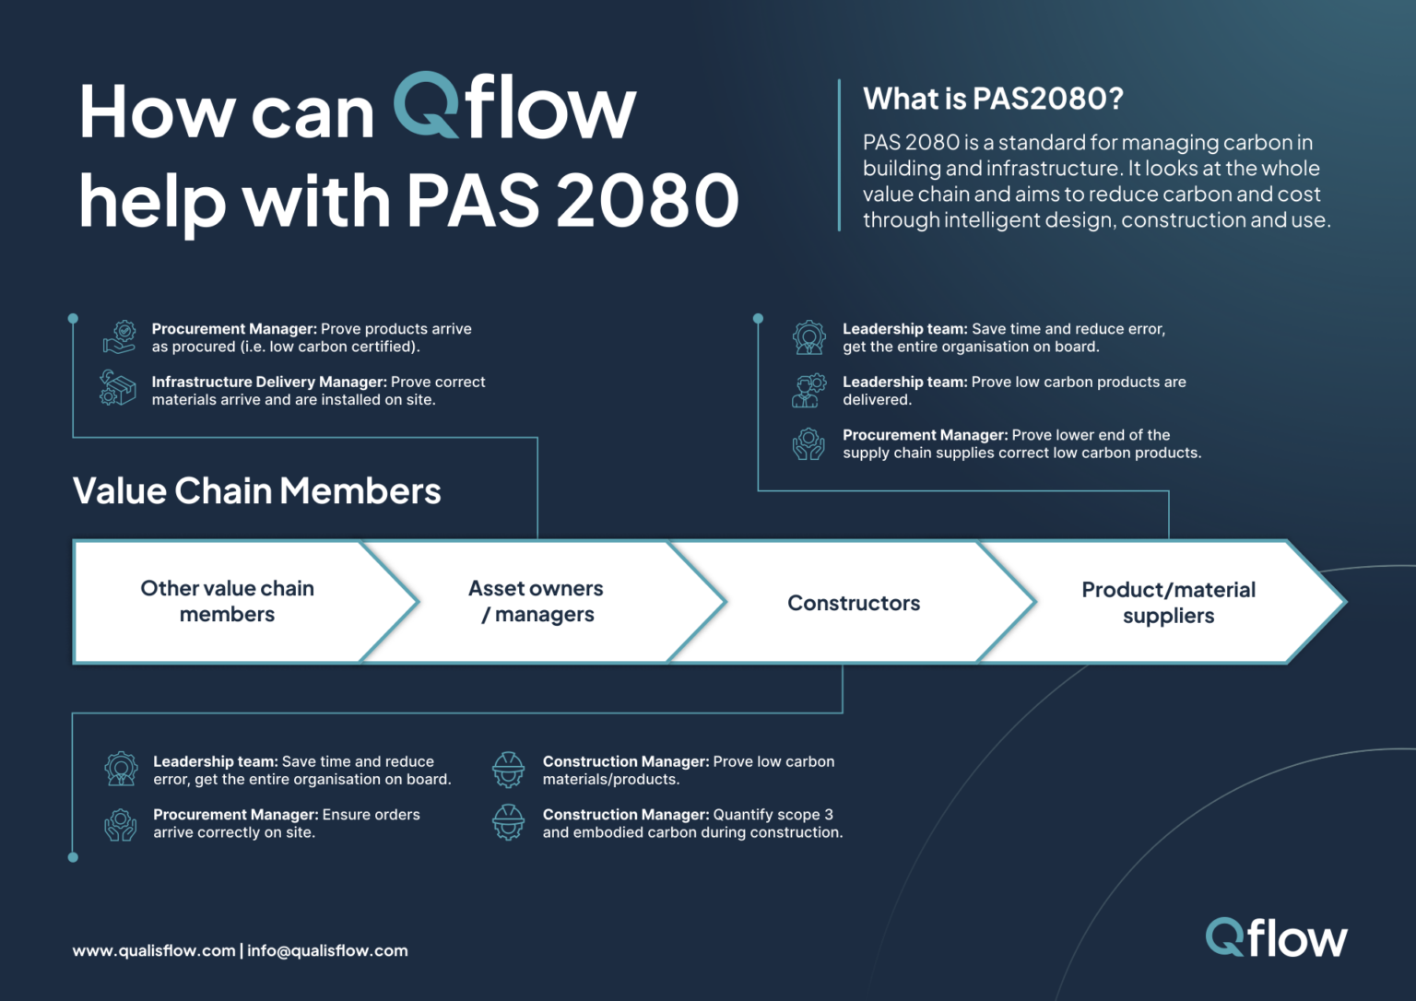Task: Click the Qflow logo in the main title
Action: point(514,108)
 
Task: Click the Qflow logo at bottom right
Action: point(1276,938)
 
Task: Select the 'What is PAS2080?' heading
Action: point(993,99)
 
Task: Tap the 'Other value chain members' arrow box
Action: point(227,602)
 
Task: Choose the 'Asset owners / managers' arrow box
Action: point(537,602)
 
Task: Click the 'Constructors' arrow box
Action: point(854,603)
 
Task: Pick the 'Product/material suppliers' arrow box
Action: point(1168,603)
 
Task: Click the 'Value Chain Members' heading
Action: point(257,491)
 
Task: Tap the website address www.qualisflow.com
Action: point(154,950)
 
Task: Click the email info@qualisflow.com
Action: point(327,950)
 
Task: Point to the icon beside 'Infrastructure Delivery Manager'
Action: point(118,388)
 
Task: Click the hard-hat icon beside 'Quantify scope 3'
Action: point(508,822)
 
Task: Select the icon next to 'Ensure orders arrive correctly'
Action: point(121,823)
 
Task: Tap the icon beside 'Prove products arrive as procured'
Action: point(120,337)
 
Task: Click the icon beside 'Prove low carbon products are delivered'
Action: point(808,391)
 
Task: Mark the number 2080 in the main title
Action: point(647,200)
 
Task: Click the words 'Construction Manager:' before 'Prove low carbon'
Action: point(626,761)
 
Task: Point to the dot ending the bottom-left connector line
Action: point(73,857)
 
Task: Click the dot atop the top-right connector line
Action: point(758,319)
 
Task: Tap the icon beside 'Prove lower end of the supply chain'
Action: point(808,443)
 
